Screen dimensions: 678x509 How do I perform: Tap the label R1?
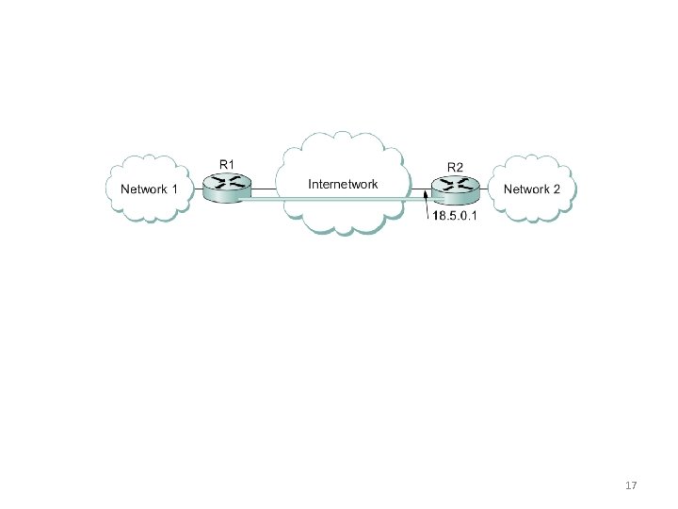(227, 165)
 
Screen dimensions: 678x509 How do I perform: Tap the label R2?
(455, 167)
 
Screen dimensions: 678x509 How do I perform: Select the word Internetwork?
(344, 183)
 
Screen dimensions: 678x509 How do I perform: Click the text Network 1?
(149, 189)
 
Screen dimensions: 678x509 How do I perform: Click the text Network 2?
(532, 189)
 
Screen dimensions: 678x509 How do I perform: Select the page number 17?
(632, 485)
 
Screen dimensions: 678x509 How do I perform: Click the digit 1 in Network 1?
(174, 189)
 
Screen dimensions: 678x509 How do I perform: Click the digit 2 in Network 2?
(557, 189)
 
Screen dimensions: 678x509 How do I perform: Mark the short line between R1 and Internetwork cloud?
(263, 189)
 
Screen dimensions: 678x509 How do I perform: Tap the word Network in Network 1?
(143, 189)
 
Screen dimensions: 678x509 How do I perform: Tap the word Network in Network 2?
(526, 189)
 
